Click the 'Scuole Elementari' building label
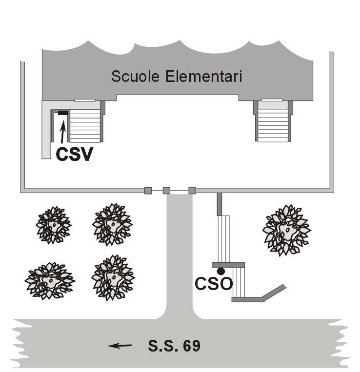click(177, 77)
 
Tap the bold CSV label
click(74, 154)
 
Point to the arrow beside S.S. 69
click(120, 346)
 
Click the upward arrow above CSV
click(62, 132)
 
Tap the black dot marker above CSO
click(221, 271)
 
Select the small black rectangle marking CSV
click(63, 113)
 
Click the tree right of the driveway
click(286, 229)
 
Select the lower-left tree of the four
click(50, 281)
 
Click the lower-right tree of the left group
click(113, 278)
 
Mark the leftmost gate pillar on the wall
click(148, 191)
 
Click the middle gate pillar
click(166, 191)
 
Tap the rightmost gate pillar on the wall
click(192, 191)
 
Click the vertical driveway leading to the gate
click(179, 254)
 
